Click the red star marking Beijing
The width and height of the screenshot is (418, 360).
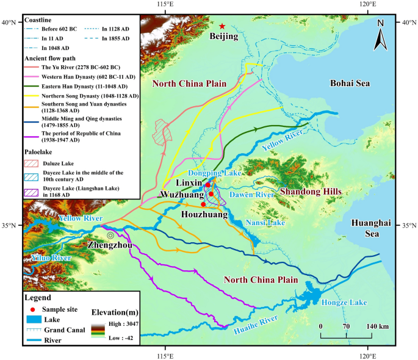222,26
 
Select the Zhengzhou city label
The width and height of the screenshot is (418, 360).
110,245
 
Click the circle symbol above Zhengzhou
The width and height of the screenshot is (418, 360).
110,235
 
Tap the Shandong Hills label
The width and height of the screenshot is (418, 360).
311,192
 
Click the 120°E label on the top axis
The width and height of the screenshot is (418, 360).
367,5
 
